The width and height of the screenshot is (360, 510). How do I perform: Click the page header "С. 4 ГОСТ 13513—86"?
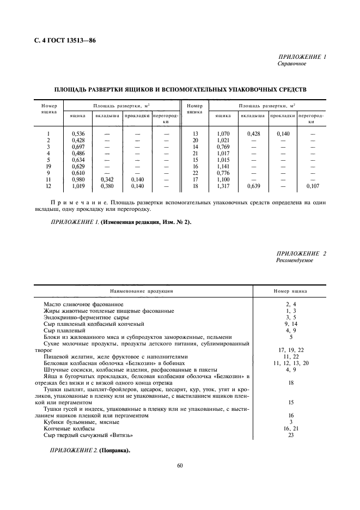tap(65, 40)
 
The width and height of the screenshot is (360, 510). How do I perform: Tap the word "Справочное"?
tap(292, 63)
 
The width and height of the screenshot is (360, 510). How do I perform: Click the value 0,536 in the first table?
tap(78, 133)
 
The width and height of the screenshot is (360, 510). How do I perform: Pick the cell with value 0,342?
tap(103, 180)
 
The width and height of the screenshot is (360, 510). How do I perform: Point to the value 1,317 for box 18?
tap(224, 187)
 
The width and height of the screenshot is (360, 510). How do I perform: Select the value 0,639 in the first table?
tap(253, 187)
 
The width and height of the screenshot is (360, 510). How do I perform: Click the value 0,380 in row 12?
tap(103, 187)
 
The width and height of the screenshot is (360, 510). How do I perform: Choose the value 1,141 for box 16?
tap(224, 167)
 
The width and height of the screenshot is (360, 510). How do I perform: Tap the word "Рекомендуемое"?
tap(295, 260)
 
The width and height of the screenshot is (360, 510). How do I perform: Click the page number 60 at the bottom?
tap(180, 465)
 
